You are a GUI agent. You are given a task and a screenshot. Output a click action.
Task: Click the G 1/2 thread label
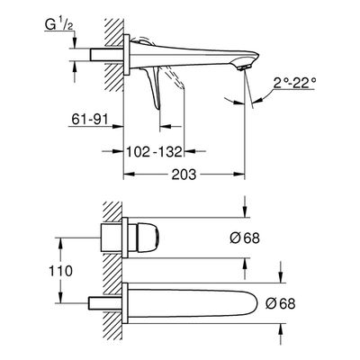59,25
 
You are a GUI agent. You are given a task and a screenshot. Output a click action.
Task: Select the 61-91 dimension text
89,120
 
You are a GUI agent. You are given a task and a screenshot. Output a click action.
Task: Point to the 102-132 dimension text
154,152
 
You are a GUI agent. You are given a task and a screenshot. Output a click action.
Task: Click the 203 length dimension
184,175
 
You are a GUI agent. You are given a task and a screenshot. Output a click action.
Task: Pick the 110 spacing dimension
60,271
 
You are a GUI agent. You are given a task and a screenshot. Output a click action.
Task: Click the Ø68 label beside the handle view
245,238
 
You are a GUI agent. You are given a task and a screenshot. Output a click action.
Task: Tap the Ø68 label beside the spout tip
280,304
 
